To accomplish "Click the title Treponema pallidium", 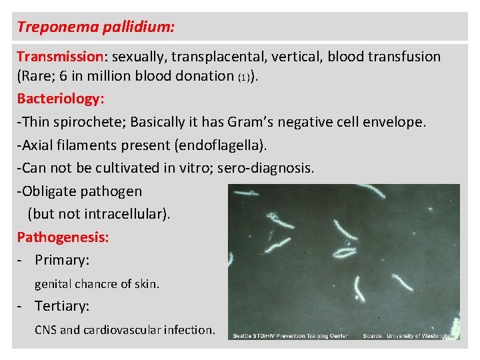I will [x=96, y=27].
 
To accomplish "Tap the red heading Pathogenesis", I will [x=63, y=237].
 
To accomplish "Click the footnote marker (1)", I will [x=244, y=77].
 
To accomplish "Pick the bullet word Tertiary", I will [x=62, y=306].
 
